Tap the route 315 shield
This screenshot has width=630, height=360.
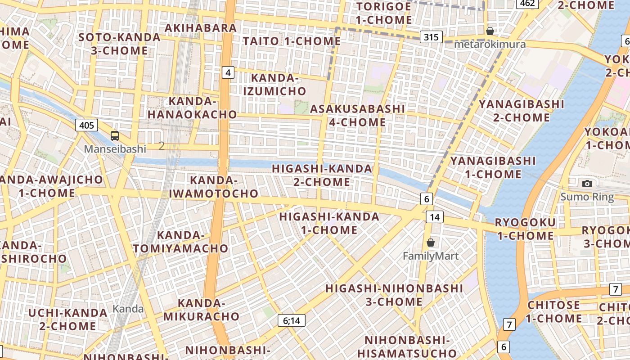431,37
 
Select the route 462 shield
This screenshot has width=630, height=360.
528,4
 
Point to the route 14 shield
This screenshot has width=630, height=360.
434,217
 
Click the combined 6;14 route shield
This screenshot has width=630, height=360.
292,320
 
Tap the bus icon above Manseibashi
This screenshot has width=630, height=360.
115,135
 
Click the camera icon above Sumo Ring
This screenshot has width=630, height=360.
587,184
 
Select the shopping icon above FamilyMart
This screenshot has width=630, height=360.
431,243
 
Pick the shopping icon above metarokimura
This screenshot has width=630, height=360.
490,31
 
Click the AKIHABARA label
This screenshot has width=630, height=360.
201,28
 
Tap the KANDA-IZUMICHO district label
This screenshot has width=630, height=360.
274,85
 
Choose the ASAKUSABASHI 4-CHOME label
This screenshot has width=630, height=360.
357,115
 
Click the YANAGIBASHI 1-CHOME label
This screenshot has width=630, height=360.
493,167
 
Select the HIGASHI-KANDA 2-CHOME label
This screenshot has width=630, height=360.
322,175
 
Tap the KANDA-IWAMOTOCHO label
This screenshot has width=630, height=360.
213,187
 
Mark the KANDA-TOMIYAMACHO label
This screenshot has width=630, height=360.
180,242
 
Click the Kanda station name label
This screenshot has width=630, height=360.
128,309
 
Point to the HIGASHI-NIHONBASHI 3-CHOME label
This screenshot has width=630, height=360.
394,295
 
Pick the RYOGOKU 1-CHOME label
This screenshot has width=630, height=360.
525,229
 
